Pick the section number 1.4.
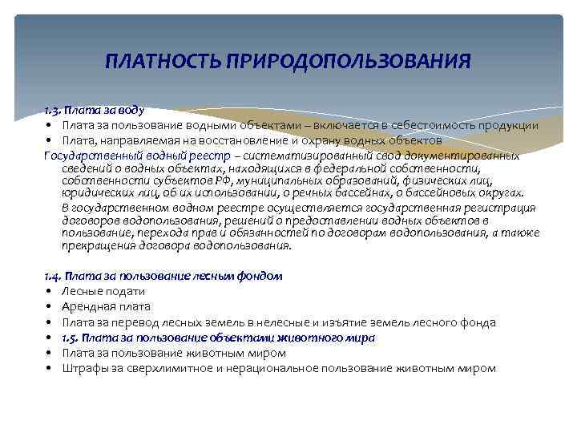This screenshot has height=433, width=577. tap(54, 276)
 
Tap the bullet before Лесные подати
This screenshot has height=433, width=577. tap(50, 291)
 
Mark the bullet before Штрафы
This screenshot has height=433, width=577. tap(50, 369)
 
